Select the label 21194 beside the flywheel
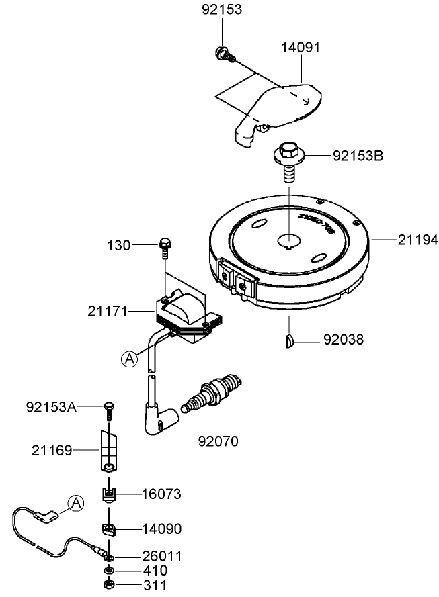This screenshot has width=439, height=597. coord(417,240)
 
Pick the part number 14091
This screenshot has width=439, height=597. coord(300,48)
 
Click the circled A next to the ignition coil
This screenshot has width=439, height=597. coord(129,359)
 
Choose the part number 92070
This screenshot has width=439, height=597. coord(218,441)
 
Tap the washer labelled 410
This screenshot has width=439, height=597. coord(109,571)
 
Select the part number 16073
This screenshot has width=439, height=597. coord(161,494)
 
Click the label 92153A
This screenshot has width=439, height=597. coord(51,406)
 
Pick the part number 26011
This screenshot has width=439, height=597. coord(161,557)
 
